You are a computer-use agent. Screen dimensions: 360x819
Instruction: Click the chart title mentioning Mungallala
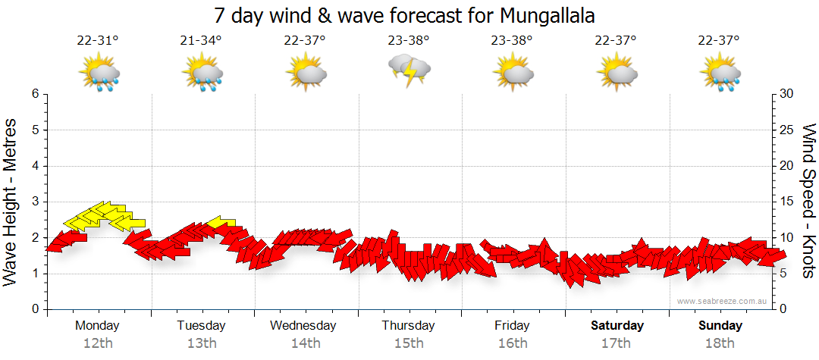point(405,15)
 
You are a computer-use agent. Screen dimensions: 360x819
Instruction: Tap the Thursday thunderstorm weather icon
point(409,70)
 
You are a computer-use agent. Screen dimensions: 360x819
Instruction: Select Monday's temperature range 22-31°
point(98,40)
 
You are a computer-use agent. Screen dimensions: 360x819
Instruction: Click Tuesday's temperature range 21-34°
point(201,40)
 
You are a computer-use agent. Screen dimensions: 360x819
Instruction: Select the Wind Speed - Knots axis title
point(807,202)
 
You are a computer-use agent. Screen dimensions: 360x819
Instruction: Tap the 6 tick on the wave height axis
point(34,94)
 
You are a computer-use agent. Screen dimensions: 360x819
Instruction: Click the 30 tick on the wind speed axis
point(787,94)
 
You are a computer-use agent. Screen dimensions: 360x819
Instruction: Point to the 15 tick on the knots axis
point(786,202)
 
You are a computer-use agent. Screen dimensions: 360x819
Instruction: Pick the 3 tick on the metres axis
point(34,202)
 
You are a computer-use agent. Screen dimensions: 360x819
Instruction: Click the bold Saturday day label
point(617,326)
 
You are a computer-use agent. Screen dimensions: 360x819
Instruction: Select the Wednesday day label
point(303,326)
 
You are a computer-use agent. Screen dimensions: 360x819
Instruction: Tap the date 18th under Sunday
point(720,343)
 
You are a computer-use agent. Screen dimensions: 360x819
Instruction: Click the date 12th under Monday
point(98,343)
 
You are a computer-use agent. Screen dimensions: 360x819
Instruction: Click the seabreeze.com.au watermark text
point(723,302)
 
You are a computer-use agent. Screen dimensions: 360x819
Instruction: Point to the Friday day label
point(512,326)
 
